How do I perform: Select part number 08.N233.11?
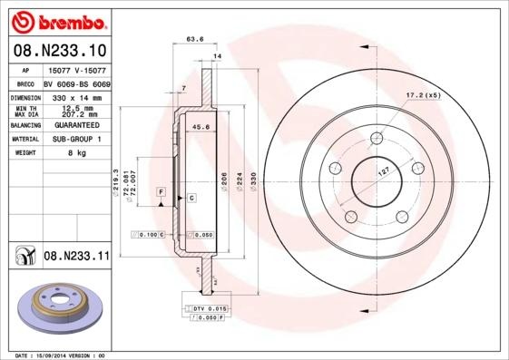tap(76, 257)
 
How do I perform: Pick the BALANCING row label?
tap(24, 125)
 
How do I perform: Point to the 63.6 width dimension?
tap(193, 39)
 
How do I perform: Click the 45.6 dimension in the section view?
tap(201, 128)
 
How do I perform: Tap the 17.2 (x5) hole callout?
tap(422, 94)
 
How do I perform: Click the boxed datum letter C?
tap(191, 197)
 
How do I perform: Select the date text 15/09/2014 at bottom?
tap(54, 355)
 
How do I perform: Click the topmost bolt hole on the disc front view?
tap(376, 139)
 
